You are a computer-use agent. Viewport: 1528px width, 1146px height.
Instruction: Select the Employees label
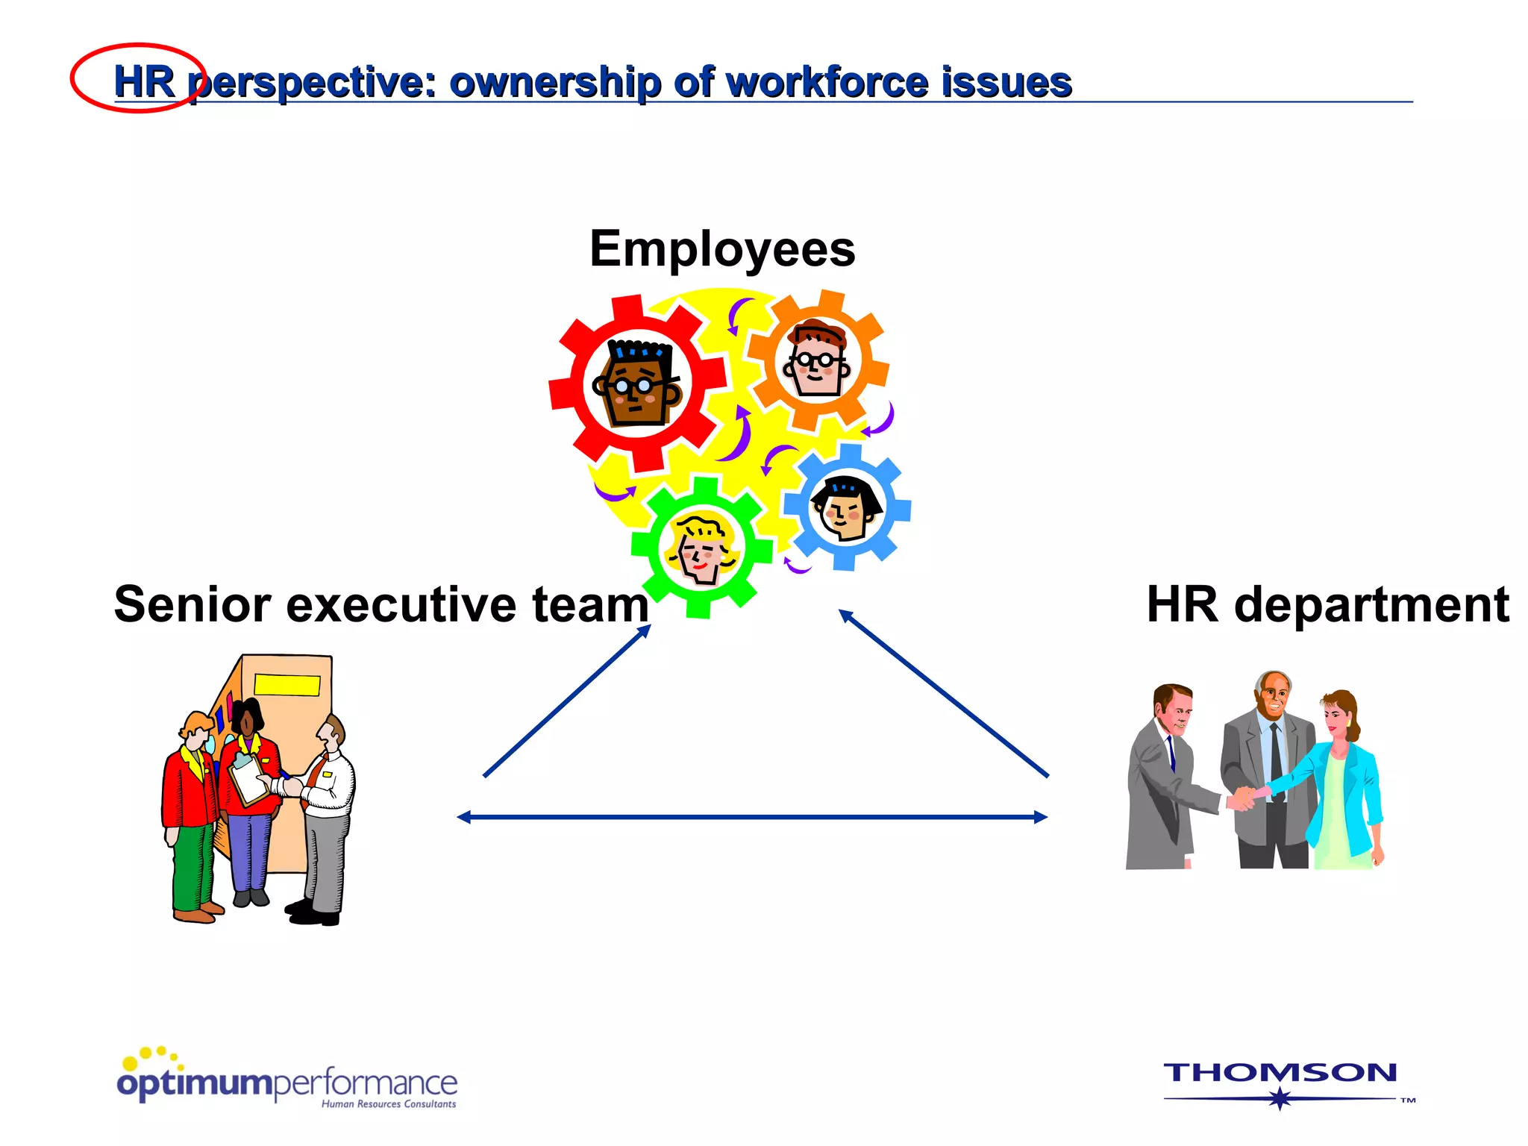(722, 249)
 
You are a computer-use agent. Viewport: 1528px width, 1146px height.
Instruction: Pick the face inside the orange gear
(818, 360)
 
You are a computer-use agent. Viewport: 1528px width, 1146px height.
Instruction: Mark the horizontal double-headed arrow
(752, 817)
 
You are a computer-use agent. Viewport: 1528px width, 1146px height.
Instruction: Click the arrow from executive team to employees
(567, 701)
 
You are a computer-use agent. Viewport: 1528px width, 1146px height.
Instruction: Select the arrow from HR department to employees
(944, 693)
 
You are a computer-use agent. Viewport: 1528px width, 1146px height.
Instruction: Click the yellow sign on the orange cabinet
(287, 684)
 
